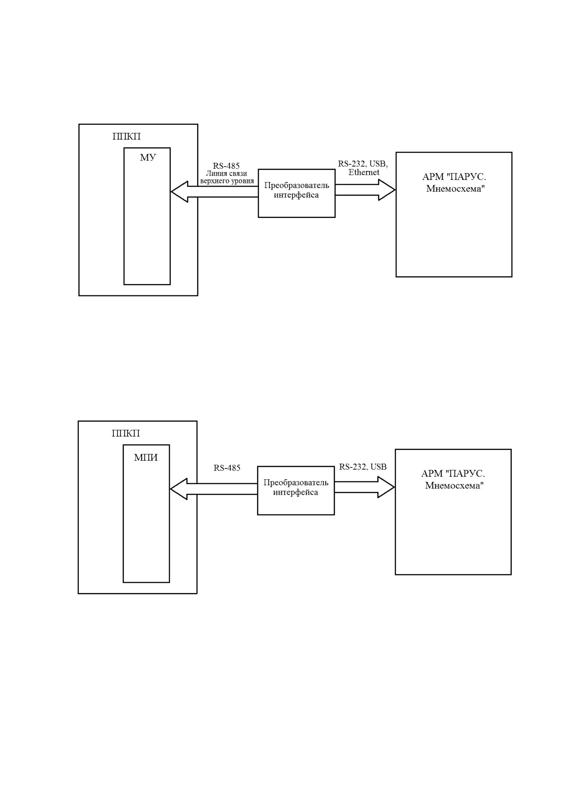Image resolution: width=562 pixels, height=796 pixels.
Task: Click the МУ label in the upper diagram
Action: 147,157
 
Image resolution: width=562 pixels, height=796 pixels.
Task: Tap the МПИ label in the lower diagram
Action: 146,457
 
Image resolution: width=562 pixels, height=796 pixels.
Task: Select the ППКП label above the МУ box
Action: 127,136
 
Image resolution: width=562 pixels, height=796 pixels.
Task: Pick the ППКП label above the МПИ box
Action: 126,433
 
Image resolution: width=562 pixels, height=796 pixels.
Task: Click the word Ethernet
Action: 364,172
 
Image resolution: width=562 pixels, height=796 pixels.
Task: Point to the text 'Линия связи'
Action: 226,173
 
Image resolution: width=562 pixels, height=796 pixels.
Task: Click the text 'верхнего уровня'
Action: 227,181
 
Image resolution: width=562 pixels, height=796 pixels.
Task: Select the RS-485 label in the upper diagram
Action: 226,166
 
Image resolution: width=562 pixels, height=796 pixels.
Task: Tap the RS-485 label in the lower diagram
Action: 227,468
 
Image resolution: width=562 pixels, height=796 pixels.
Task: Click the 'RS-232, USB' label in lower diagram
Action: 363,467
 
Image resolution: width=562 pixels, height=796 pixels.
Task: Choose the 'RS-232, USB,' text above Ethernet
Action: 363,164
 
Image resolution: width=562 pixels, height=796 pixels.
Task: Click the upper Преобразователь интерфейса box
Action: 297,193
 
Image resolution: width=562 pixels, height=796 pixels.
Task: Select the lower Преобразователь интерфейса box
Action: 296,491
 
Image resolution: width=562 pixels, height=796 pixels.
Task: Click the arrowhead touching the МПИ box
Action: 178,489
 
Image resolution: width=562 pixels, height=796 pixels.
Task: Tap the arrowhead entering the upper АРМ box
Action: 387,190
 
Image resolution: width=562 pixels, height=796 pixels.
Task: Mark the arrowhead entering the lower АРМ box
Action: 386,487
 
